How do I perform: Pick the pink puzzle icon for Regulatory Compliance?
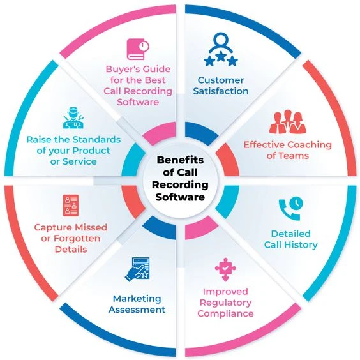(x=225, y=269)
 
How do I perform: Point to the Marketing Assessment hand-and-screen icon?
(x=137, y=269)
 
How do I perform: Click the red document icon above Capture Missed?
(x=71, y=205)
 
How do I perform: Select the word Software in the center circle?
(x=180, y=197)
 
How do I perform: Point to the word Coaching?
(x=303, y=144)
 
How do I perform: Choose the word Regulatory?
(x=225, y=302)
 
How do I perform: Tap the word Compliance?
(x=225, y=313)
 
